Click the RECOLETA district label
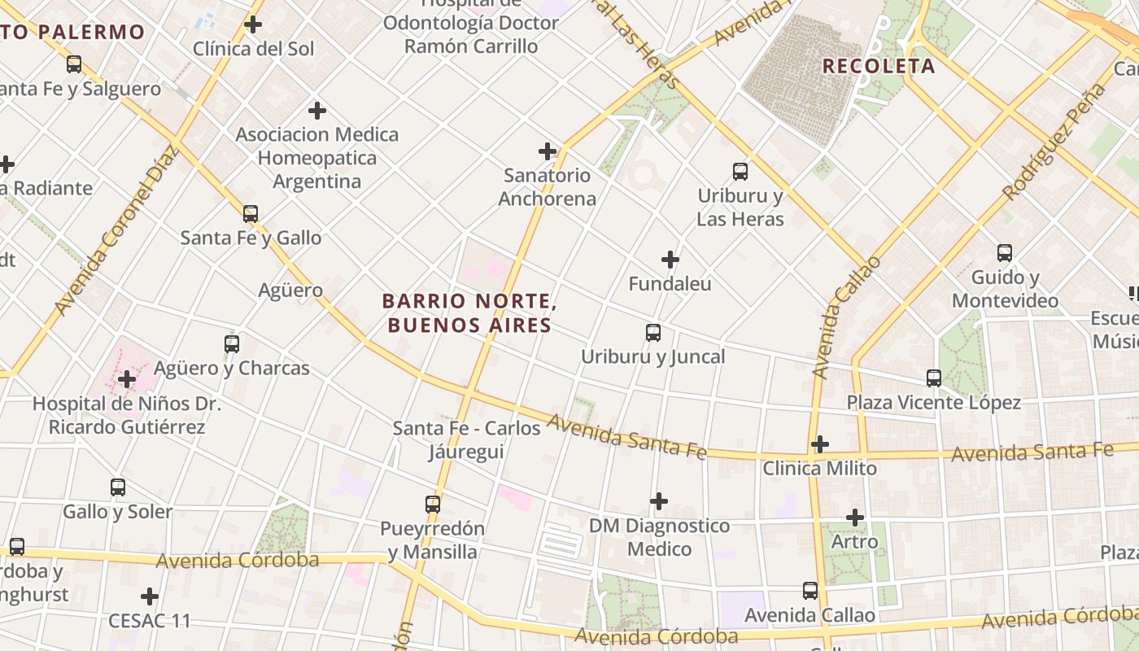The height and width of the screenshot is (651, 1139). [x=879, y=67]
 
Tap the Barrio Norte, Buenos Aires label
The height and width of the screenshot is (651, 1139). [x=469, y=313]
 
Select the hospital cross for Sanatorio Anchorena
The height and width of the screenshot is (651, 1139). [x=548, y=151]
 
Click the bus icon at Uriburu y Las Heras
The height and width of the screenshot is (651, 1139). [x=740, y=171]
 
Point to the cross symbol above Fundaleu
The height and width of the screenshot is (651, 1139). [x=670, y=260]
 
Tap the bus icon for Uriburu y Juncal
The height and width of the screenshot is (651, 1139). [x=652, y=332]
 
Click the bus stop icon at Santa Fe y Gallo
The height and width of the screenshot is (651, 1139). [x=251, y=214]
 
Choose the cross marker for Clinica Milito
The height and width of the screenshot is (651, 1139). [x=820, y=444]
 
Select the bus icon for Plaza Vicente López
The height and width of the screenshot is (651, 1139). [x=933, y=378]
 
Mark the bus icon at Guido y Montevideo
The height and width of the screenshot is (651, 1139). [x=1005, y=253]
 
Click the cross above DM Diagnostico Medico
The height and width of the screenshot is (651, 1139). [x=659, y=500]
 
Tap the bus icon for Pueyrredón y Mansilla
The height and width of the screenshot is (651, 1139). [x=432, y=504]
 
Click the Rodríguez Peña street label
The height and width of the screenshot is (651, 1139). [x=1054, y=142]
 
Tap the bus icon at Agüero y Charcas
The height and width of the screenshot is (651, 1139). [x=232, y=343]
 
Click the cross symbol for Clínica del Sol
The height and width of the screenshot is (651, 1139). [x=253, y=24]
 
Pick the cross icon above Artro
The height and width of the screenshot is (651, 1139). [x=854, y=517]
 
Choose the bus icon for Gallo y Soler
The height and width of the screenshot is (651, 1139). [x=118, y=487]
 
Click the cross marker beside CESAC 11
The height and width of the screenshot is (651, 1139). [x=150, y=596]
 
